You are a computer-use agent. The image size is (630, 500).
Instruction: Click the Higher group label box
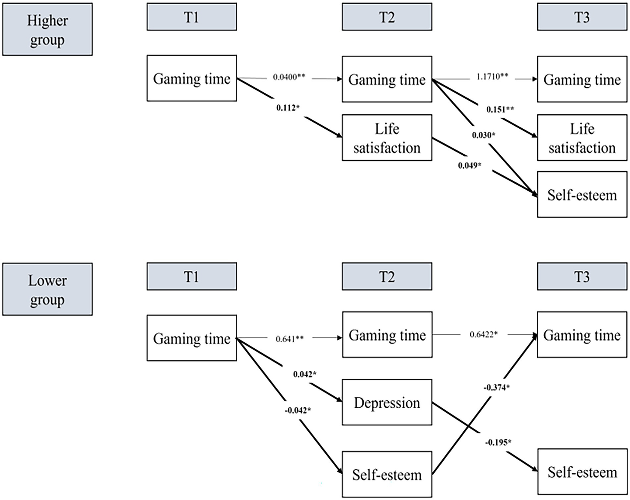point(47,30)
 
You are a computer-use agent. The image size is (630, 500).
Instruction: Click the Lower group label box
point(47,289)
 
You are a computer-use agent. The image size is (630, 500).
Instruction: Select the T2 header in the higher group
point(387,17)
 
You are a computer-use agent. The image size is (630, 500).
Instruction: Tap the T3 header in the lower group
point(582,277)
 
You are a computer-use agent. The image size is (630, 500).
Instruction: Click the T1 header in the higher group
point(192,17)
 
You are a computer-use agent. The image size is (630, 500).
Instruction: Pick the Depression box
point(387,402)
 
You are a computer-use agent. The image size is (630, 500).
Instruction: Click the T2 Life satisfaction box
point(387,138)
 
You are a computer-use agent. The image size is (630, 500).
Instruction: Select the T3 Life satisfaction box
point(582,138)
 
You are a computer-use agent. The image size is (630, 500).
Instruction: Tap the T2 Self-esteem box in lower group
point(387,474)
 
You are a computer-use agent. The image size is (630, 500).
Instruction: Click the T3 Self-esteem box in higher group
point(582,195)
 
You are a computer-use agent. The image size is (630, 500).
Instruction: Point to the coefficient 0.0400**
point(289,77)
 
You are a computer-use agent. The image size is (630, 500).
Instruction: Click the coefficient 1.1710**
point(492,77)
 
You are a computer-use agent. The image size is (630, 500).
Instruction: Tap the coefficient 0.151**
point(500,109)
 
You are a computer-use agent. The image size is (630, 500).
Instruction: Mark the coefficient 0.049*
point(470,166)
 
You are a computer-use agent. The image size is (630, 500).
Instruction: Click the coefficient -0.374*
point(496,387)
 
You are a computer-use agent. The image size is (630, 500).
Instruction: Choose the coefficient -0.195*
point(498,442)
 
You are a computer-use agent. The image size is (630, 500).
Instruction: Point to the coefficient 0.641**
point(289,339)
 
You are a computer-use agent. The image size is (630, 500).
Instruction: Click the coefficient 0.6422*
point(483,334)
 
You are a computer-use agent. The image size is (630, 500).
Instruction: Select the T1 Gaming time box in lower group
point(192,338)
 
